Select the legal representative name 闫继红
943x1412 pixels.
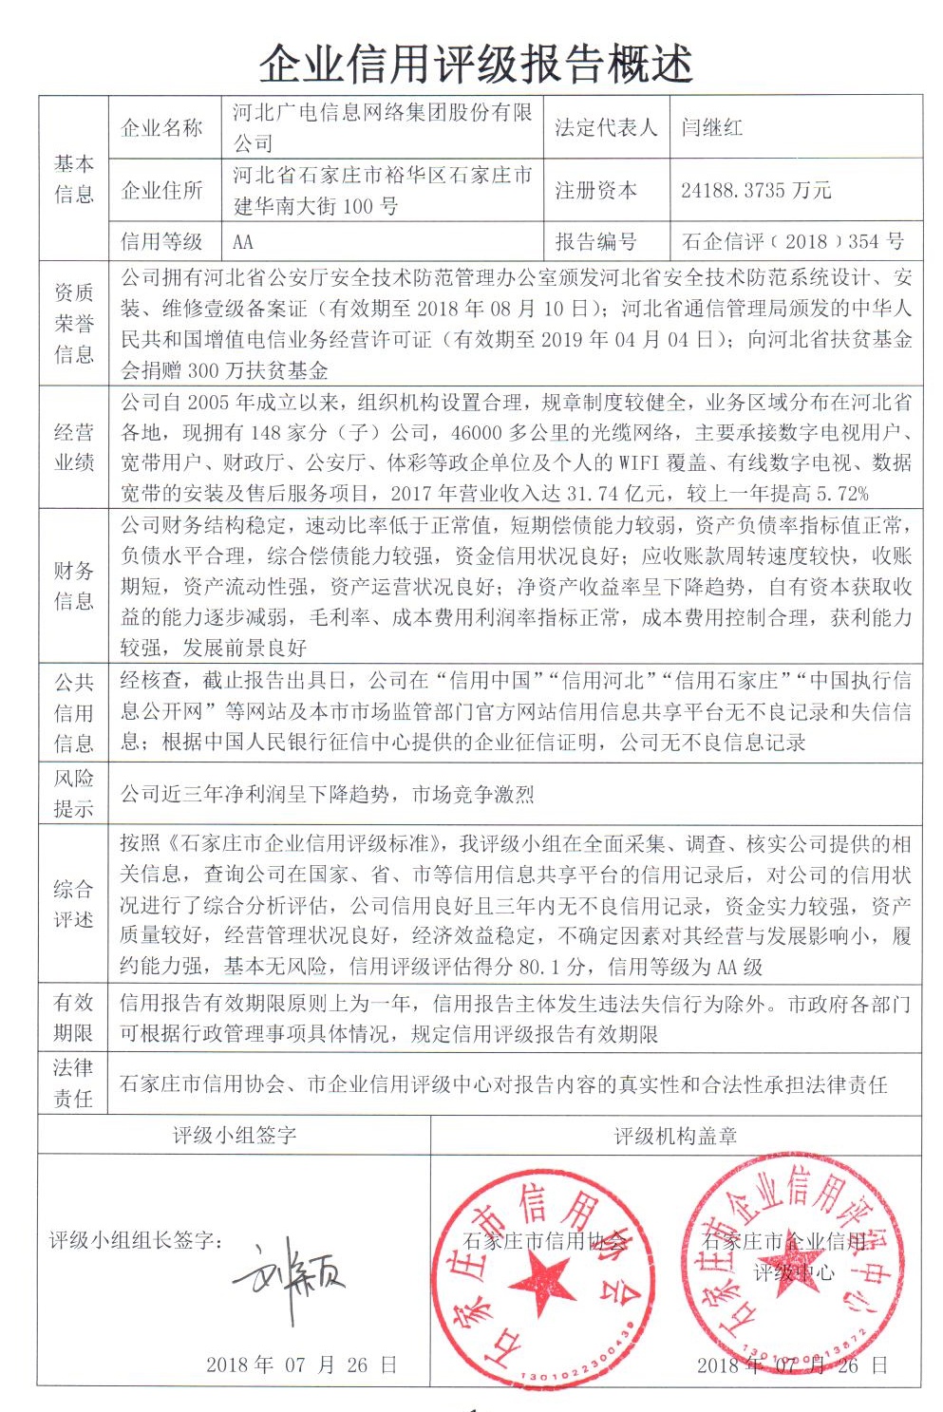point(711,127)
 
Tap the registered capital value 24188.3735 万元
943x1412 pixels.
point(755,190)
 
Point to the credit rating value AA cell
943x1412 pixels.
point(243,241)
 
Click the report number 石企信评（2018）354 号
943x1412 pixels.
point(793,241)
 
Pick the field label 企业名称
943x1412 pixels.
point(161,127)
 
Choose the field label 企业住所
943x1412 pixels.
point(161,190)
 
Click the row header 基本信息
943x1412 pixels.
point(74,179)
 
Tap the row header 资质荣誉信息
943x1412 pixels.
point(74,324)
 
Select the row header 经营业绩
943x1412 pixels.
point(74,447)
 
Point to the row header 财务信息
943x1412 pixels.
point(74,585)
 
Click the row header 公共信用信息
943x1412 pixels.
point(74,712)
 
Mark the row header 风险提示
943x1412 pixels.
point(74,794)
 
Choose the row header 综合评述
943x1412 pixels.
point(74,904)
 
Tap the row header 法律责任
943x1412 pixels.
point(74,1083)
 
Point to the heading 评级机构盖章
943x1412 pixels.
point(674,1136)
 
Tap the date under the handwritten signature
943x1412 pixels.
point(300,1365)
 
